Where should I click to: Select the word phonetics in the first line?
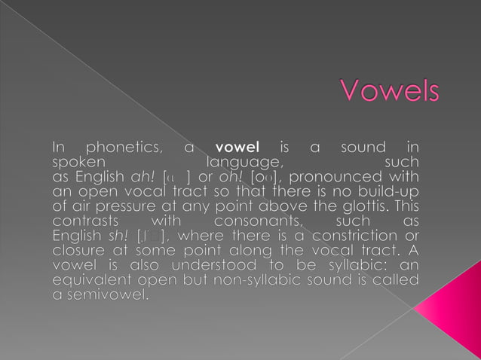click(123, 146)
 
